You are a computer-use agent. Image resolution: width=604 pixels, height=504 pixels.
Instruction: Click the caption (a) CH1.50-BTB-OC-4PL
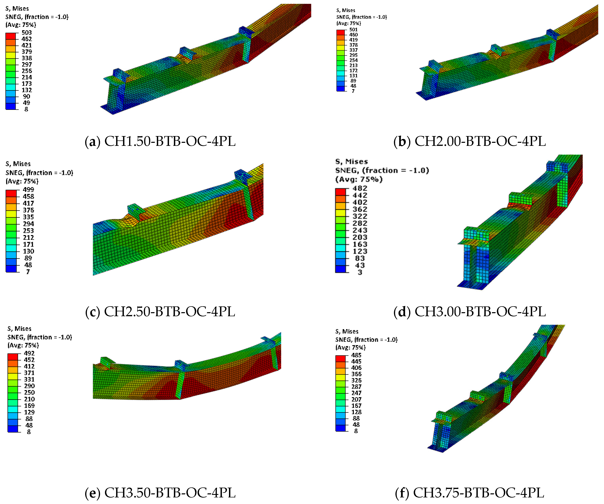click(160, 141)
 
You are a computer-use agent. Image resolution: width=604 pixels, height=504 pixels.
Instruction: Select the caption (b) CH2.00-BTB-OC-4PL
click(470, 141)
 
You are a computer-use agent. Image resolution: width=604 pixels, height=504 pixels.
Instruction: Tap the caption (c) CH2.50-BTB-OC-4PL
click(160, 311)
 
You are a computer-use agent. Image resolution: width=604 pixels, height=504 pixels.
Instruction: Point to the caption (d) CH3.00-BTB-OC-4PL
click(470, 311)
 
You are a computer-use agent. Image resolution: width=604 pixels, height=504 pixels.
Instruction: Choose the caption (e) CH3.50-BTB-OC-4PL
click(160, 493)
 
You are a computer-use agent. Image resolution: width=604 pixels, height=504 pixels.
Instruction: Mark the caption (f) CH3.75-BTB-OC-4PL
click(470, 493)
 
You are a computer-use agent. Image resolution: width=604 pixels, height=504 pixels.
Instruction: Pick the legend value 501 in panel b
click(354, 30)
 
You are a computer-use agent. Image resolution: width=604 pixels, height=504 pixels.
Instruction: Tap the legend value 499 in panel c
click(28, 190)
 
